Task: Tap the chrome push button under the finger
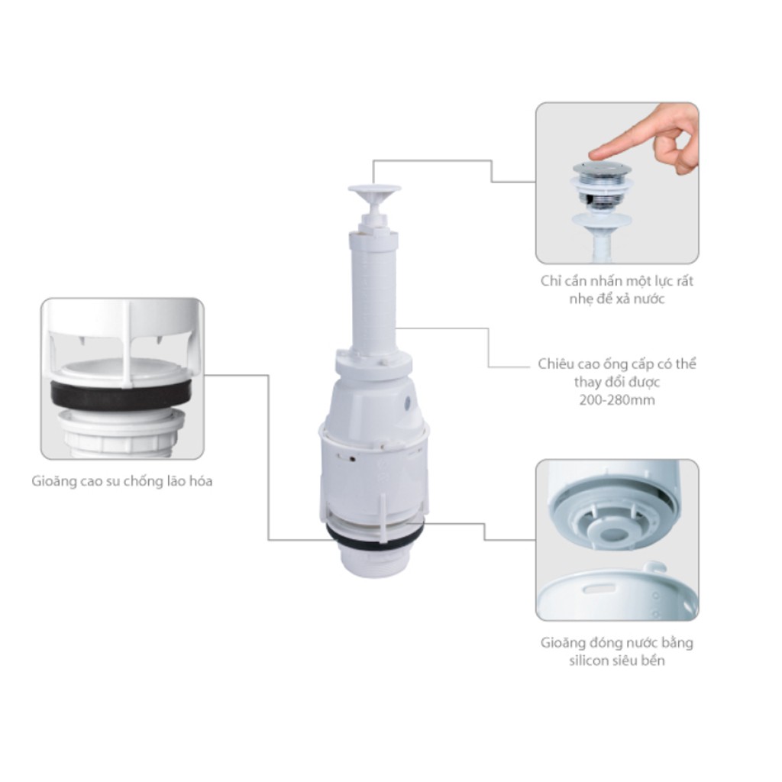(603, 169)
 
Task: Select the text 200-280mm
(617, 400)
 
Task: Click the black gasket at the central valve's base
(375, 535)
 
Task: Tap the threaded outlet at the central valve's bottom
(374, 558)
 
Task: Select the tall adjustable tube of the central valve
(374, 289)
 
